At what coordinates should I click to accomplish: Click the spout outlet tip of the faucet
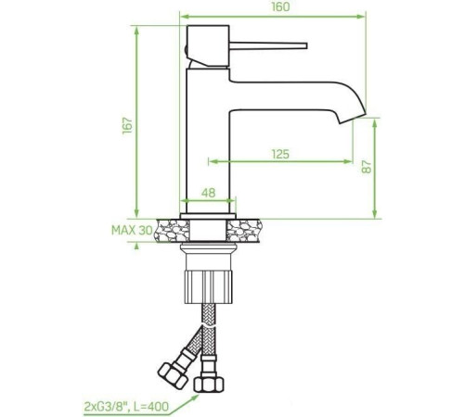coord(355,119)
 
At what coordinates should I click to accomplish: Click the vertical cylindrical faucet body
coord(208,139)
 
